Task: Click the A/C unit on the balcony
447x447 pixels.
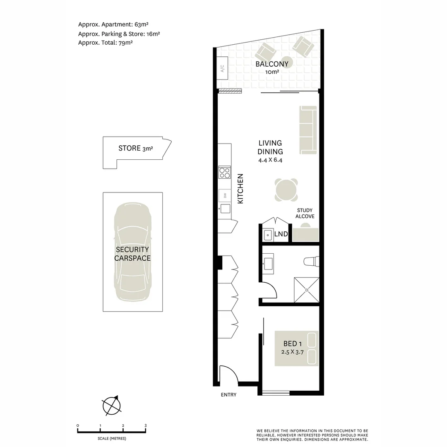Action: point(222,68)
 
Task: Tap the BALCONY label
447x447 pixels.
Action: point(272,64)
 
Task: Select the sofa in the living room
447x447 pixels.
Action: point(308,130)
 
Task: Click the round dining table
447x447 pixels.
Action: point(286,190)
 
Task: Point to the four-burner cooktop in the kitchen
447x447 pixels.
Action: point(225,172)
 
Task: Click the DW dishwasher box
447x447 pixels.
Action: point(225,195)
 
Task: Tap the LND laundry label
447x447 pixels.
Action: point(281,234)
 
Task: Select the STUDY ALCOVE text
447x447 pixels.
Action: point(305,214)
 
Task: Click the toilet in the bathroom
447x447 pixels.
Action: point(312,262)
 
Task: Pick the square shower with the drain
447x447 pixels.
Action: point(307,290)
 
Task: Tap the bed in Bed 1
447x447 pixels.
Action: point(297,348)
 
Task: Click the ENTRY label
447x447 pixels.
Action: point(228,395)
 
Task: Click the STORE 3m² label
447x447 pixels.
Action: point(135,148)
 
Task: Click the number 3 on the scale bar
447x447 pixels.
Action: point(146,425)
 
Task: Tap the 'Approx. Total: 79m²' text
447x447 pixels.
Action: point(105,42)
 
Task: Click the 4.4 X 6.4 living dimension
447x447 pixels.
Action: point(270,160)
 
